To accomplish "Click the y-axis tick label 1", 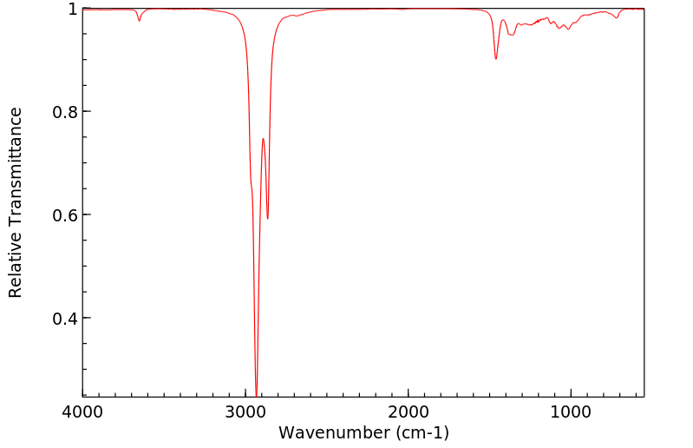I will click(x=72, y=10).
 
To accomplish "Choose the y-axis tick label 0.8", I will click(x=65, y=112).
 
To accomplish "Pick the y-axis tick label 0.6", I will click(x=65, y=215).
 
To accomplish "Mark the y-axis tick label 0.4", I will click(x=65, y=319).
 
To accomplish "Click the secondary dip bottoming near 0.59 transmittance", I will click(x=267, y=218).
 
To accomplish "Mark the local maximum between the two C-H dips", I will click(x=263, y=138).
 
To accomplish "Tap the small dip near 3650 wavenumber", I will click(x=139, y=20).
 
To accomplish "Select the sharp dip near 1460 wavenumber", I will click(x=495, y=58).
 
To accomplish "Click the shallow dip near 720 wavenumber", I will click(x=616, y=17).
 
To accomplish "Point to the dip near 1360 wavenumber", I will click(x=513, y=35).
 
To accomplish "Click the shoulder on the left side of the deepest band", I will click(x=252, y=186).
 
